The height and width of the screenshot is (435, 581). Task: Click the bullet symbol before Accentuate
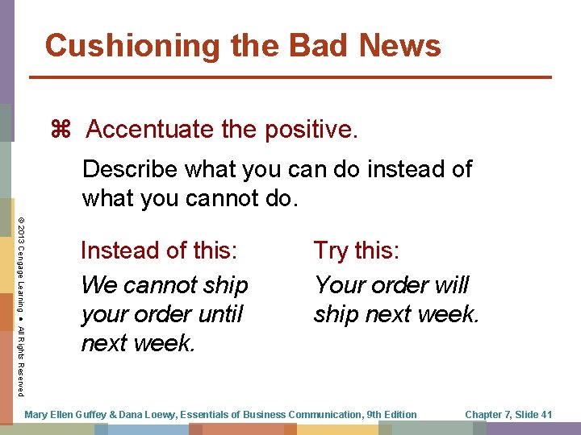coord(61,129)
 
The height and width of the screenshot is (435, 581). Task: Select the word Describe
coord(129,170)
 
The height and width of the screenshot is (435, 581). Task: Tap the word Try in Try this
coord(330,251)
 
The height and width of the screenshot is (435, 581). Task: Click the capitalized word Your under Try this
coord(339,285)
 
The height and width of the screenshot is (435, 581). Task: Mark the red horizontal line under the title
coord(290,77)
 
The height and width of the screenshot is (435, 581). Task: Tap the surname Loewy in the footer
coord(163,415)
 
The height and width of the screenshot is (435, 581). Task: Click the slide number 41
coord(545,415)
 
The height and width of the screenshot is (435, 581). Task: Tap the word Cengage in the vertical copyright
coord(20,266)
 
